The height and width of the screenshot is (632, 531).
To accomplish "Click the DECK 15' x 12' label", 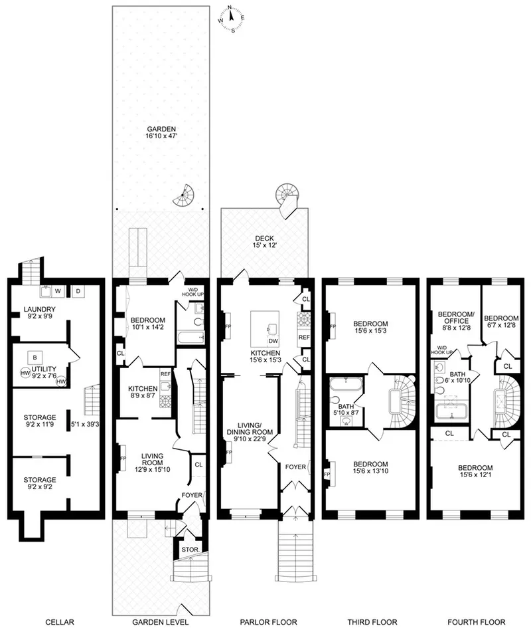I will [265, 243].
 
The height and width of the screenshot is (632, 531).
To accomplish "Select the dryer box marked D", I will [76, 290].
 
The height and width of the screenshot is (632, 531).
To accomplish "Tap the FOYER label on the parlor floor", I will [296, 467].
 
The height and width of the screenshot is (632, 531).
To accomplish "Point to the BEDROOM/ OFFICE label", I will [453, 321].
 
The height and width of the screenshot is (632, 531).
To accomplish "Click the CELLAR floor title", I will [60, 623].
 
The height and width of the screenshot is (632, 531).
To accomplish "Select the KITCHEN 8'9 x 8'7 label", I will [143, 393].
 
